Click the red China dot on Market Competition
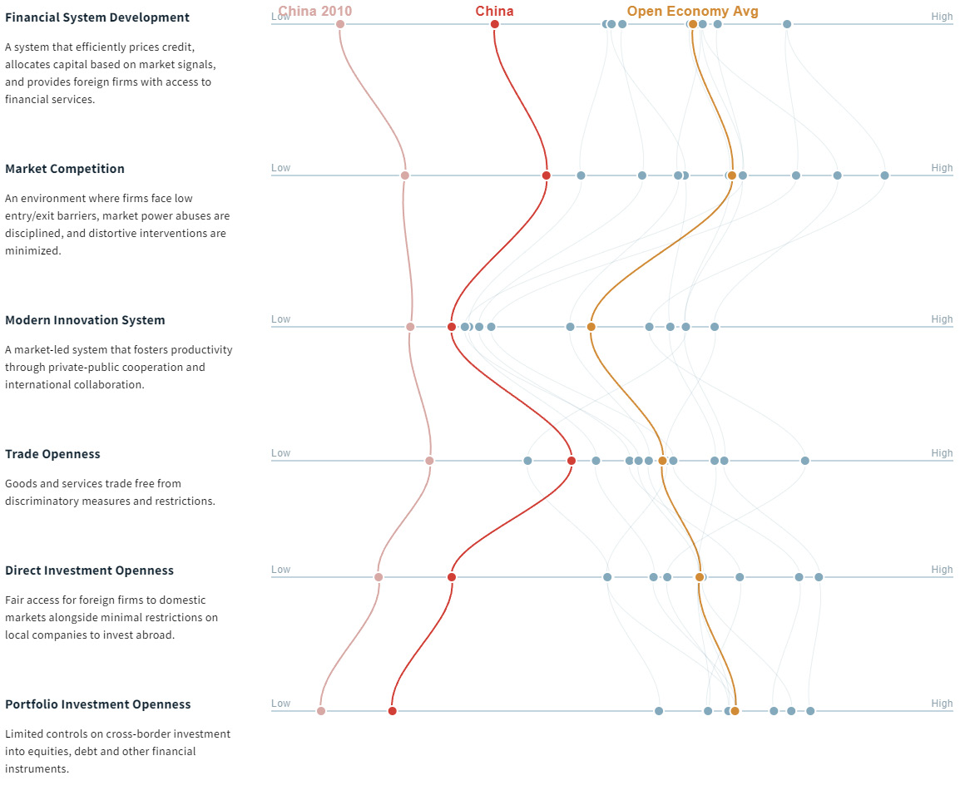(x=547, y=175)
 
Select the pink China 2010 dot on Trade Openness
(x=429, y=461)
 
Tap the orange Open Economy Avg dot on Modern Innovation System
(x=591, y=327)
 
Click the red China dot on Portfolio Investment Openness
(x=393, y=711)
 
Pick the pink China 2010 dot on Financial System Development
(x=340, y=24)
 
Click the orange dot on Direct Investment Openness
(x=700, y=577)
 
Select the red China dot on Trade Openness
(x=572, y=461)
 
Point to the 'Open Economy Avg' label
(x=692, y=11)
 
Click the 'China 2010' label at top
(x=314, y=11)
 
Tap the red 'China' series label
(x=494, y=11)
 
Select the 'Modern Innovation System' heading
(x=85, y=320)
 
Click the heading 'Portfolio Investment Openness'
(x=97, y=704)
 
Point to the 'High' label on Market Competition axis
(x=942, y=168)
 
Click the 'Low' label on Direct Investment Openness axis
(x=280, y=570)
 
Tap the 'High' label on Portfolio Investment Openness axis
(x=942, y=704)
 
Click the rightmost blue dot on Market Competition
(x=884, y=175)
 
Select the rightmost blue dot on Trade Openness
(x=805, y=461)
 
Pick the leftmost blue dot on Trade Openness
(x=527, y=461)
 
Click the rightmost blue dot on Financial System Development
(x=787, y=24)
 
